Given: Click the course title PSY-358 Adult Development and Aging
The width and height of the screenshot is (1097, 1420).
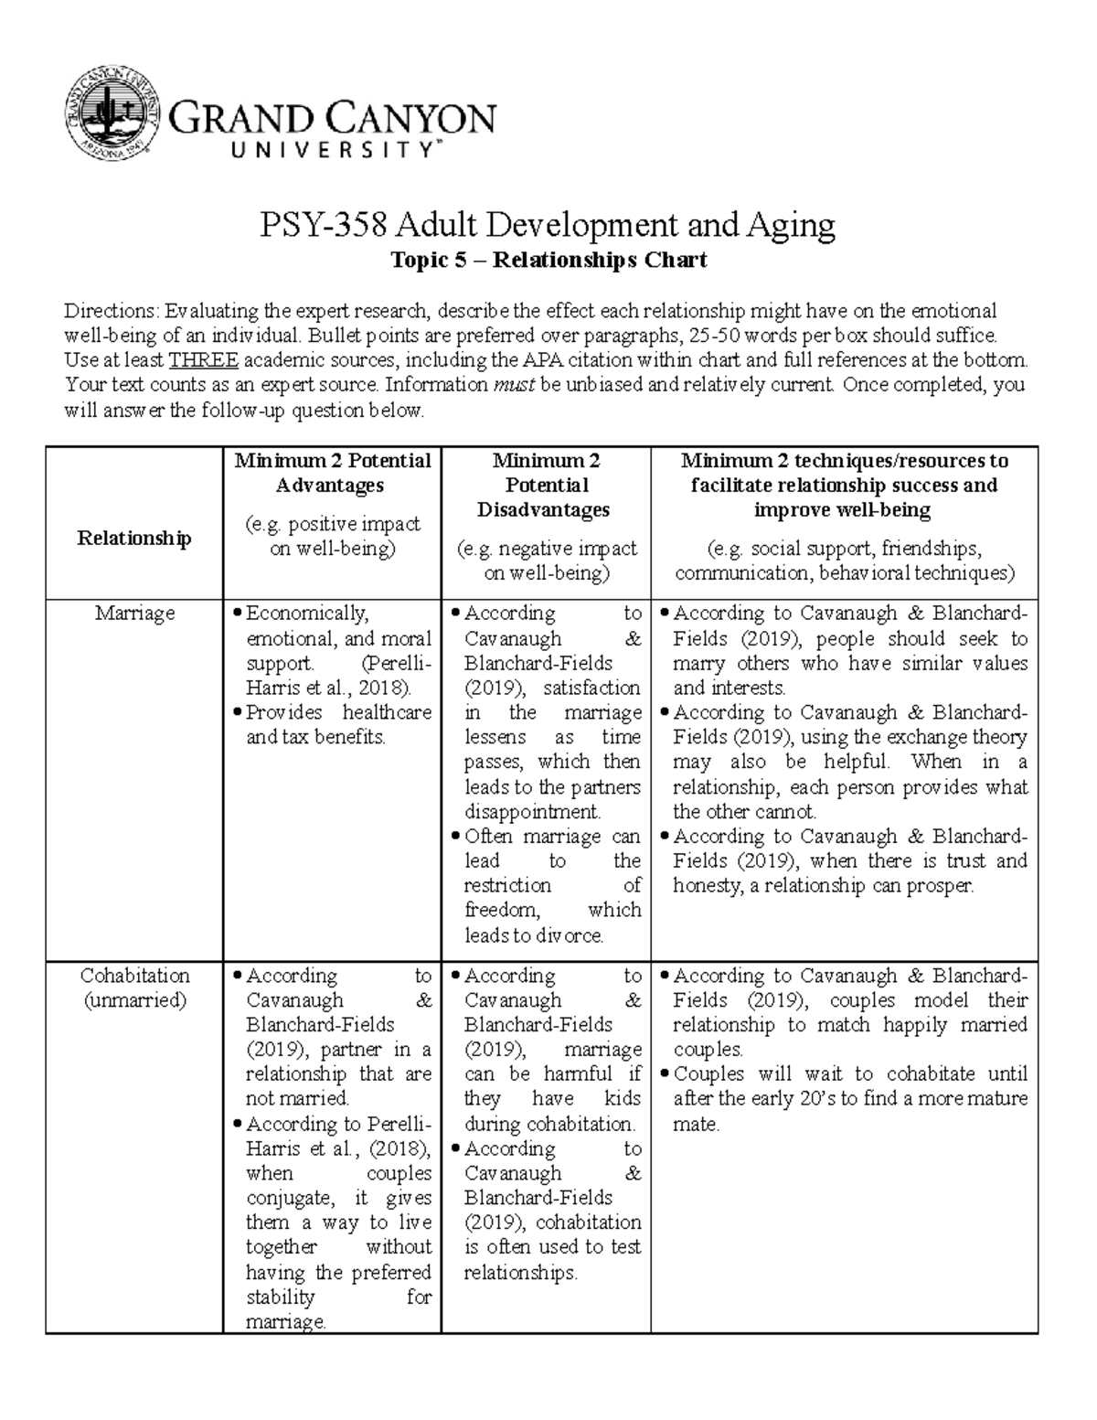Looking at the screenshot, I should (x=548, y=225).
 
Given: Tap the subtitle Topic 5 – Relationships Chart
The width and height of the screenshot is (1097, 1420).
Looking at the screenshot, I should (x=548, y=261).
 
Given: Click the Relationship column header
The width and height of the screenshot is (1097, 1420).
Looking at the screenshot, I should (x=134, y=538).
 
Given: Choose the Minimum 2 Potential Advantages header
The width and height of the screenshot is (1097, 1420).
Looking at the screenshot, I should (x=332, y=473).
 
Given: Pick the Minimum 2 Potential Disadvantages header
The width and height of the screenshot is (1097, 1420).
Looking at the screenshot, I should (x=546, y=485).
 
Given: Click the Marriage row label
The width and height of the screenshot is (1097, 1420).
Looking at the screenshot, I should (x=134, y=614).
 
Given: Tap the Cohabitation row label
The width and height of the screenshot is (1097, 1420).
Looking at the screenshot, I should (x=134, y=976).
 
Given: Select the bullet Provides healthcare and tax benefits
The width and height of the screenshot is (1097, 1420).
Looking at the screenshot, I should (x=337, y=724).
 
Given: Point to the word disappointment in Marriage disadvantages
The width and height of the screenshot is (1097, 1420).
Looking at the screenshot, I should (x=531, y=812).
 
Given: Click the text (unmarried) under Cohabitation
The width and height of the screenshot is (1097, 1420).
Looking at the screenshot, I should (x=134, y=1000).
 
